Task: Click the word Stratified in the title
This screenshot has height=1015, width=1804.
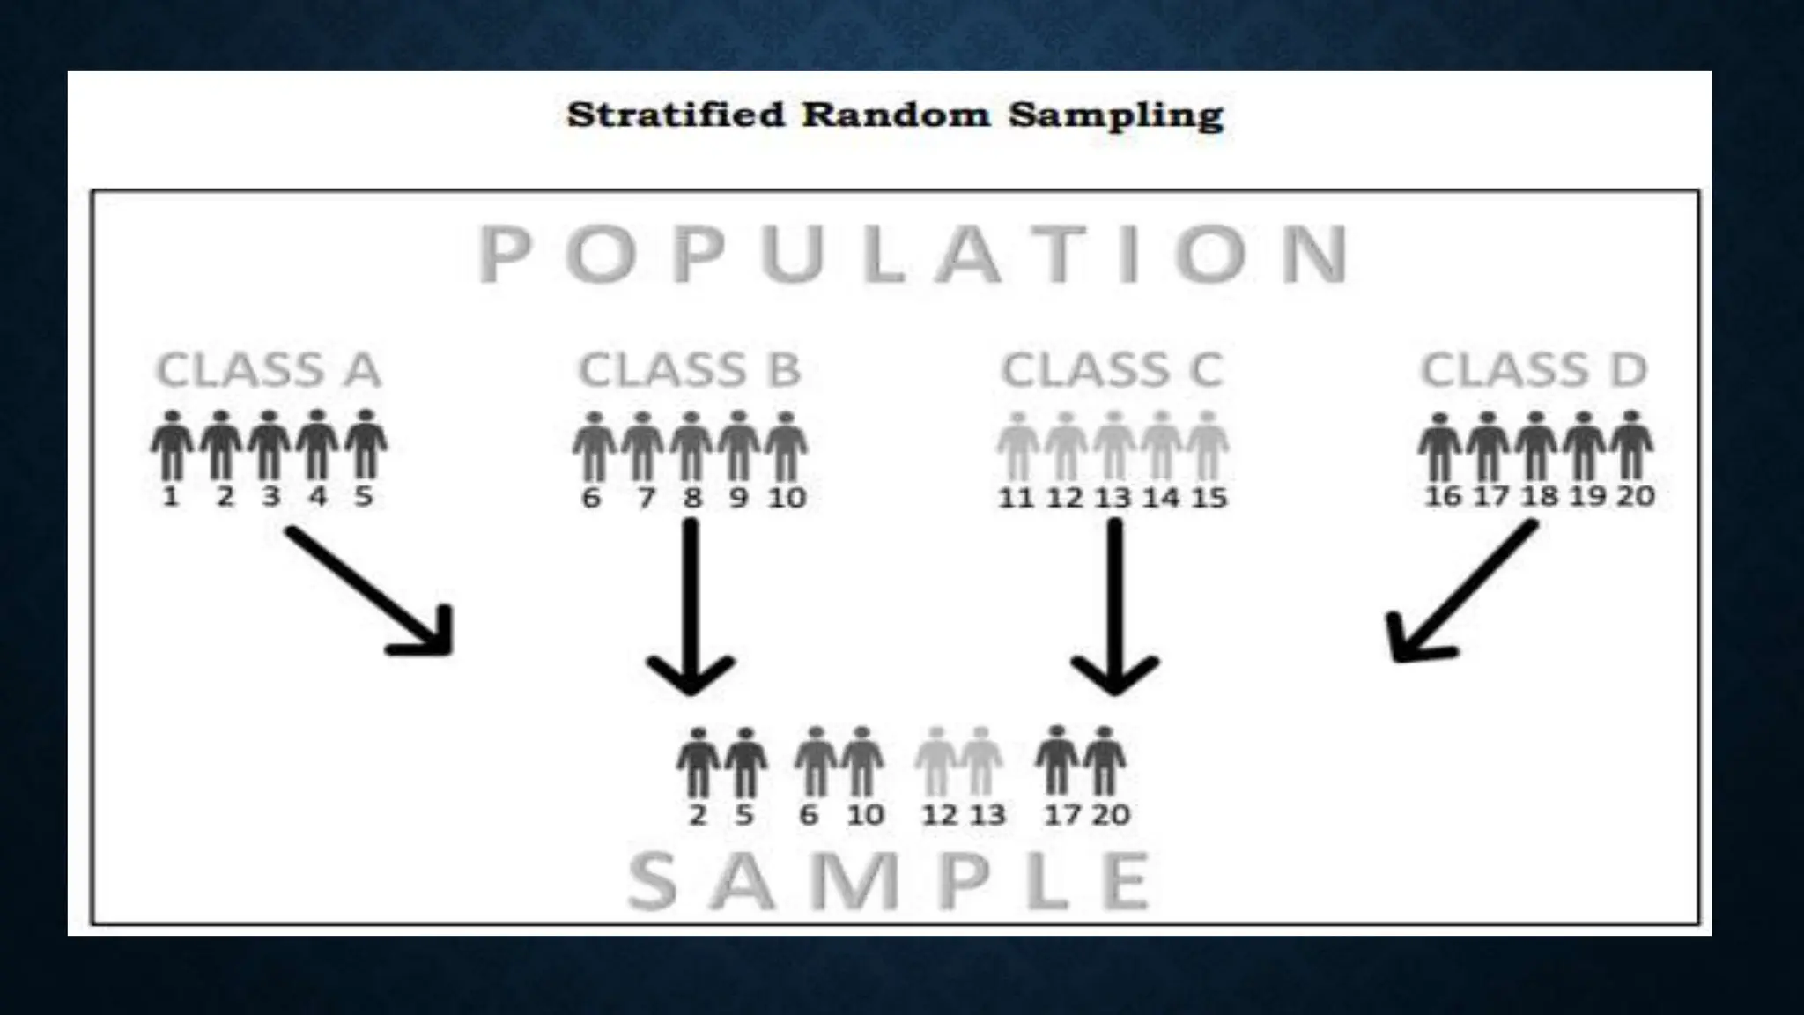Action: click(675, 115)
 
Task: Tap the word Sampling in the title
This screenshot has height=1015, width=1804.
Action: click(1116, 115)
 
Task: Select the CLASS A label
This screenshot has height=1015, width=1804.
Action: click(269, 370)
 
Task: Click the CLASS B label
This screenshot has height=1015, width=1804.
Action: click(690, 370)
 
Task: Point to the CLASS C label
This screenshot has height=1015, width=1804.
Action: click(1113, 370)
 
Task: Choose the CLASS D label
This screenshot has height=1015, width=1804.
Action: click(1534, 370)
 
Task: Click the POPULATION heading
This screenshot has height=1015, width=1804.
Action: click(913, 255)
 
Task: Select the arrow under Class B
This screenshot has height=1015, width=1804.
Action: click(691, 608)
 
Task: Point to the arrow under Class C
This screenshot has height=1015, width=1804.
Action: click(1115, 608)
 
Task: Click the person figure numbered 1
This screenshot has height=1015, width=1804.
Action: click(172, 445)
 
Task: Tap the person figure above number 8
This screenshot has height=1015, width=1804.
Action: click(691, 446)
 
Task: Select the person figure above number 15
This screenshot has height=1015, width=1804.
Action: click(1208, 446)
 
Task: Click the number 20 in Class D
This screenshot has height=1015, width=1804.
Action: click(1635, 496)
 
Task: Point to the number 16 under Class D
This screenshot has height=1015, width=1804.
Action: click(1443, 496)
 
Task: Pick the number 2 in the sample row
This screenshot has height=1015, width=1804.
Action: click(698, 815)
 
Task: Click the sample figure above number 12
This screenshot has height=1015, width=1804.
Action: click(937, 761)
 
